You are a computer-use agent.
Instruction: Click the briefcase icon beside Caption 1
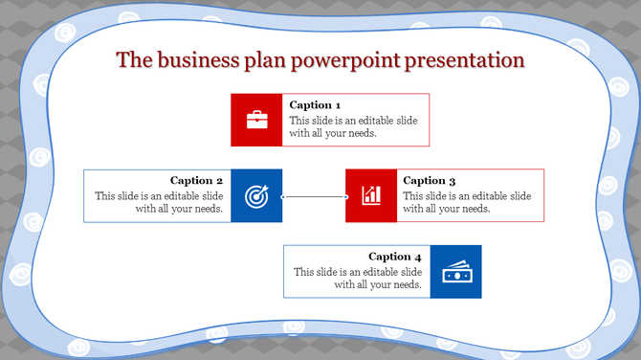point(256,120)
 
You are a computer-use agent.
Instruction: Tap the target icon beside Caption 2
point(256,195)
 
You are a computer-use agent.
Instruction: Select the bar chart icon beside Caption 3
point(371,195)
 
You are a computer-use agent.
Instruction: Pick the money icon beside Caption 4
point(455,272)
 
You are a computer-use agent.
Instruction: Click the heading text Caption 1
point(315,105)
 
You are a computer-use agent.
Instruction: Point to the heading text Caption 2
point(196,180)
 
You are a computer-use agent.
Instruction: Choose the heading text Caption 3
point(429,180)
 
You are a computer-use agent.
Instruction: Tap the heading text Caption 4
point(394,257)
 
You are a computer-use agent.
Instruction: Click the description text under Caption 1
point(353,127)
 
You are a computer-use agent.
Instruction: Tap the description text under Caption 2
point(159,202)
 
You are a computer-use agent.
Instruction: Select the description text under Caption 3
point(467,202)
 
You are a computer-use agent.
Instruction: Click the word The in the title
point(134,60)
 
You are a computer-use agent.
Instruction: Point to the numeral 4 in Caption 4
point(417,257)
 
